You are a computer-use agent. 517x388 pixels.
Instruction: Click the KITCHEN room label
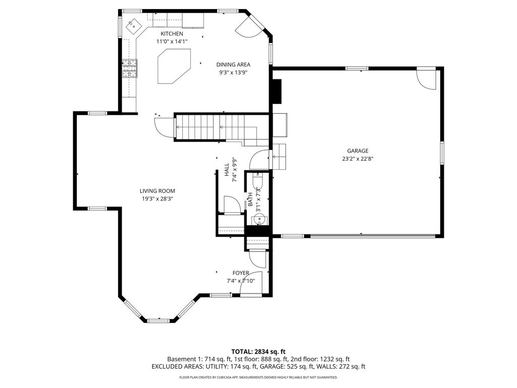[172, 34]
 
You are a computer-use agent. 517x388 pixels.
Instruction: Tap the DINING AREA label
[233, 65]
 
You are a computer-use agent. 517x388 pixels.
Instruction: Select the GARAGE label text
[357, 151]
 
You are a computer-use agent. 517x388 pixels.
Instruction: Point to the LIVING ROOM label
[158, 190]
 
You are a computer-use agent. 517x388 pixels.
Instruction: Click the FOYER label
[241, 273]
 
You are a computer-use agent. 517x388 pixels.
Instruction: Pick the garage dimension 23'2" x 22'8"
[357, 159]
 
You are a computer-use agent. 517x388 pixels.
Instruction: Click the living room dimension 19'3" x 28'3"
[158, 199]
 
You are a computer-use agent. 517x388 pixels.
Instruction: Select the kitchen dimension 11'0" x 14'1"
[172, 41]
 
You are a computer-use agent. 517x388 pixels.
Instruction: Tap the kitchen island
[174, 66]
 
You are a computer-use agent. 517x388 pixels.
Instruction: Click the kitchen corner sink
[133, 25]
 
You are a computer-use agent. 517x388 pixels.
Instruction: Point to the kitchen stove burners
[130, 68]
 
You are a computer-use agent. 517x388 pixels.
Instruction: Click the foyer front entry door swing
[250, 282]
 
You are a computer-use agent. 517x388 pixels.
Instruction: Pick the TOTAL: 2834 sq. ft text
[258, 352]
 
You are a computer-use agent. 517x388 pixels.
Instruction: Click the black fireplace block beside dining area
[276, 91]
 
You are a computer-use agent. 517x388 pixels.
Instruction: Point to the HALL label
[227, 170]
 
